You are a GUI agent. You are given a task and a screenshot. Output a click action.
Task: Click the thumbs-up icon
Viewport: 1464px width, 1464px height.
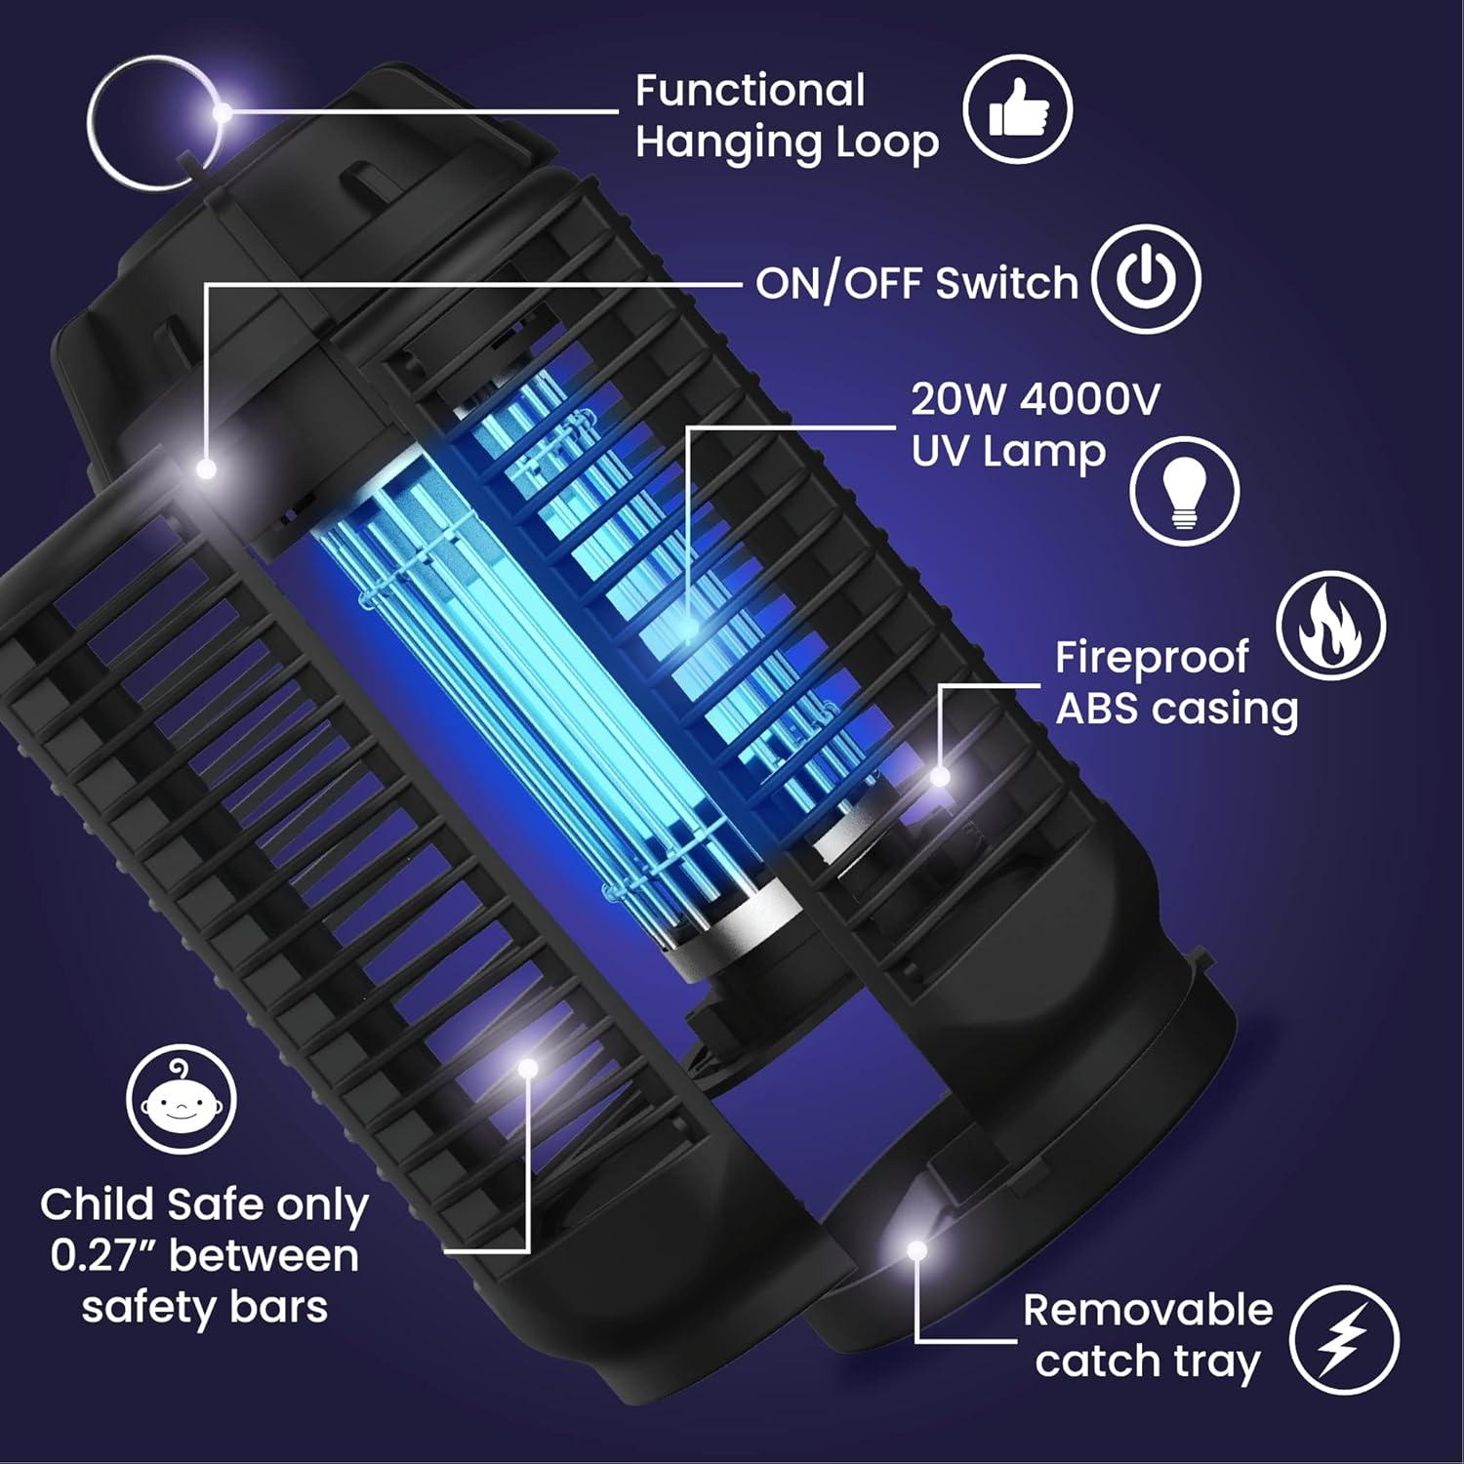point(1017,108)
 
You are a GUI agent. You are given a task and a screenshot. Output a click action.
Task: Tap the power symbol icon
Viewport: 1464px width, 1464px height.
point(1146,279)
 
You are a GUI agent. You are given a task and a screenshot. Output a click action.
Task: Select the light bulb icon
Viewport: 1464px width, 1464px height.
point(1184,491)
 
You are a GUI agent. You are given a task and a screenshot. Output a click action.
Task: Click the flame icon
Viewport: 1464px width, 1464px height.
point(1330,625)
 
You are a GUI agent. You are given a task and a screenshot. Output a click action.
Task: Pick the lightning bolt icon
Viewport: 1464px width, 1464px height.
point(1344,1339)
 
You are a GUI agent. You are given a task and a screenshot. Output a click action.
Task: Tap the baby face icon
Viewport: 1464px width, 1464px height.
point(182,1101)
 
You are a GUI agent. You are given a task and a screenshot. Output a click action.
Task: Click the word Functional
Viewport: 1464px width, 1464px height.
point(750,91)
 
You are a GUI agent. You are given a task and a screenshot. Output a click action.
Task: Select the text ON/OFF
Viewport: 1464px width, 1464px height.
point(838,283)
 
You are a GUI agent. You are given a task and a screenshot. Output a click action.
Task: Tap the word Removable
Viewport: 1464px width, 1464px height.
point(1148,1310)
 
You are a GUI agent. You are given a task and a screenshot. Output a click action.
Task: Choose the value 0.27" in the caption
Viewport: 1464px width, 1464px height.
point(105,1256)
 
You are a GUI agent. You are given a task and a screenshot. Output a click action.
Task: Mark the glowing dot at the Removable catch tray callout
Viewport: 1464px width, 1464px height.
point(915,1249)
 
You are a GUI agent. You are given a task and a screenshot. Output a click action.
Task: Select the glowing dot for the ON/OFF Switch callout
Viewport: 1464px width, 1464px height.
point(206,469)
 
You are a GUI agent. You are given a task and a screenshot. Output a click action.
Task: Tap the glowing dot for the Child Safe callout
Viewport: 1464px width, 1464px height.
point(528,1068)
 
